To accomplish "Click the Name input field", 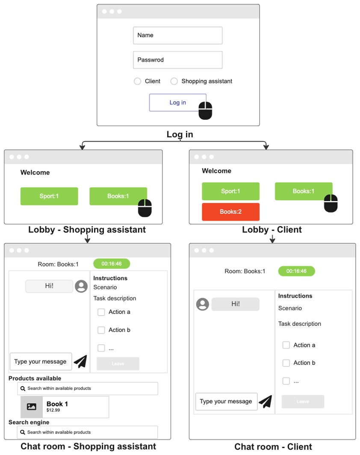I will point(177,35).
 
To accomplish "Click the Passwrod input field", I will point(177,60).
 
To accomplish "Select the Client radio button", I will point(138,81).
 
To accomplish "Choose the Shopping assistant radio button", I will point(174,81).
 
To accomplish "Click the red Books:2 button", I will point(230,212).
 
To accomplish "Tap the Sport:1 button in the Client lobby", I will point(230,191).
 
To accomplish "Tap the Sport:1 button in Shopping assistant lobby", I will point(49,196).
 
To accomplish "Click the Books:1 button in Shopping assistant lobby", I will point(118,196).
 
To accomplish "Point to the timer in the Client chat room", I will point(296,271).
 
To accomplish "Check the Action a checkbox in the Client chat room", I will point(286,345).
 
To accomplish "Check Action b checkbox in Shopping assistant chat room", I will point(101,330).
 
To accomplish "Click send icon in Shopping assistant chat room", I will point(80,361).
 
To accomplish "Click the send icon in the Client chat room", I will point(266,402).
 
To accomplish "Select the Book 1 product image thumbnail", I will point(32,407).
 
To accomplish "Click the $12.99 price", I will point(53,411).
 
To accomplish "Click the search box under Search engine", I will point(87,432).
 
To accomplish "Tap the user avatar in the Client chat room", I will point(203,304).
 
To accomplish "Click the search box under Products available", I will point(87,388).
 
